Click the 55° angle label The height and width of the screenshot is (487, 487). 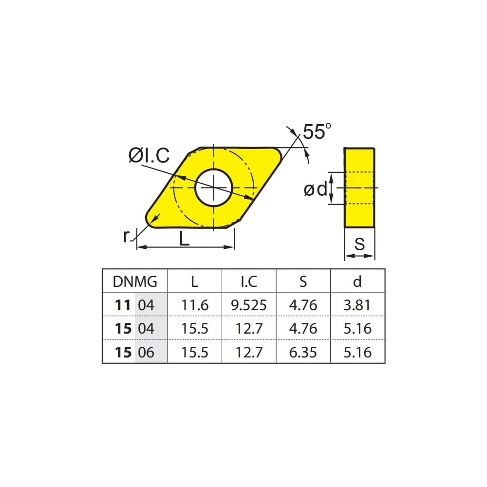[x=317, y=131]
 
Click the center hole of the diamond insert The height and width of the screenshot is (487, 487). [x=214, y=187]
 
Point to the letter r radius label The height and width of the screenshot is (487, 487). [x=126, y=236]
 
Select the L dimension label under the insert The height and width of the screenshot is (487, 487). [x=184, y=239]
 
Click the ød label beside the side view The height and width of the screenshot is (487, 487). [x=316, y=189]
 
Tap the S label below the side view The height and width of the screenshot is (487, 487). [x=359, y=244]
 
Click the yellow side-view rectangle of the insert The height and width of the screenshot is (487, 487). [x=359, y=188]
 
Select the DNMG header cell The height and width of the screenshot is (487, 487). [x=135, y=281]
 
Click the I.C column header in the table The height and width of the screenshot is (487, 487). [x=249, y=281]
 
